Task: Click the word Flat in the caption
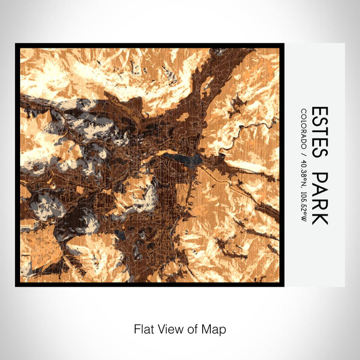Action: (x=142, y=329)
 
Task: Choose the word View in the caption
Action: (x=167, y=329)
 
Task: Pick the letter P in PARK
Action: (x=319, y=178)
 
